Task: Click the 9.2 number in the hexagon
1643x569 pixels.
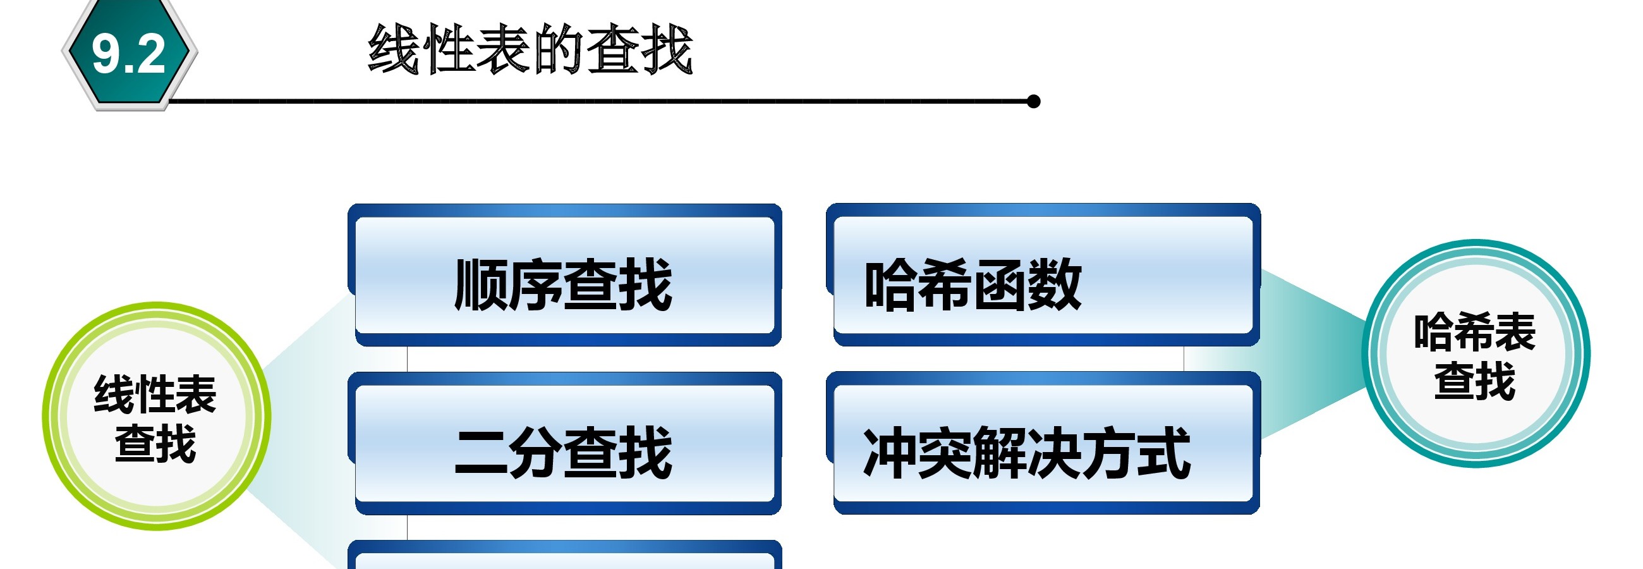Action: pyautogui.click(x=128, y=54)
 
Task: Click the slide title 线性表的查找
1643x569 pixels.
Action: pyautogui.click(x=530, y=50)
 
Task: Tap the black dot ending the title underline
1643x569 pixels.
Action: pyautogui.click(x=1034, y=101)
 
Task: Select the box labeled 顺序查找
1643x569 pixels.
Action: pyautogui.click(x=565, y=275)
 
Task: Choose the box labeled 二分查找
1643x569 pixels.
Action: pyautogui.click(x=565, y=443)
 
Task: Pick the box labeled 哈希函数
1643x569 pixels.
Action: pyautogui.click(x=1043, y=275)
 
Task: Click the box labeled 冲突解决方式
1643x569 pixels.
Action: pyautogui.click(x=1043, y=443)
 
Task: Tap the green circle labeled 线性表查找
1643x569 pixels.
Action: pyautogui.click(x=156, y=416)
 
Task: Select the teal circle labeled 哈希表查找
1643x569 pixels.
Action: pyautogui.click(x=1476, y=353)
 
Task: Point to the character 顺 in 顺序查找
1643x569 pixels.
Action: pyautogui.click(x=482, y=284)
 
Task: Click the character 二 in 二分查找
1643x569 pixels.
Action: pyautogui.click(x=482, y=453)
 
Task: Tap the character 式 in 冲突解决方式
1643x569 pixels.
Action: pyautogui.click(x=1164, y=453)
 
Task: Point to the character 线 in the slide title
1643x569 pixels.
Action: pyautogui.click(x=394, y=50)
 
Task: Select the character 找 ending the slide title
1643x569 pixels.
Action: pyautogui.click(x=667, y=50)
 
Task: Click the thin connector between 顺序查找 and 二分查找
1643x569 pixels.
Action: pyautogui.click(x=407, y=359)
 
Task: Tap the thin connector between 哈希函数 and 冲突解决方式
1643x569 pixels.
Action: pyautogui.click(x=1184, y=359)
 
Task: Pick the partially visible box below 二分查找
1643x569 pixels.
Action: pyautogui.click(x=565, y=554)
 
